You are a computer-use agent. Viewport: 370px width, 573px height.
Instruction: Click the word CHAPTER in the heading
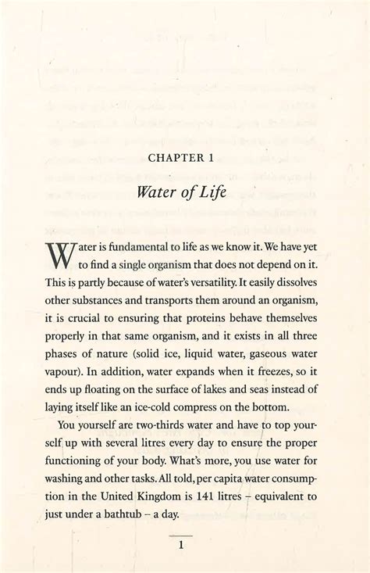point(168,156)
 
